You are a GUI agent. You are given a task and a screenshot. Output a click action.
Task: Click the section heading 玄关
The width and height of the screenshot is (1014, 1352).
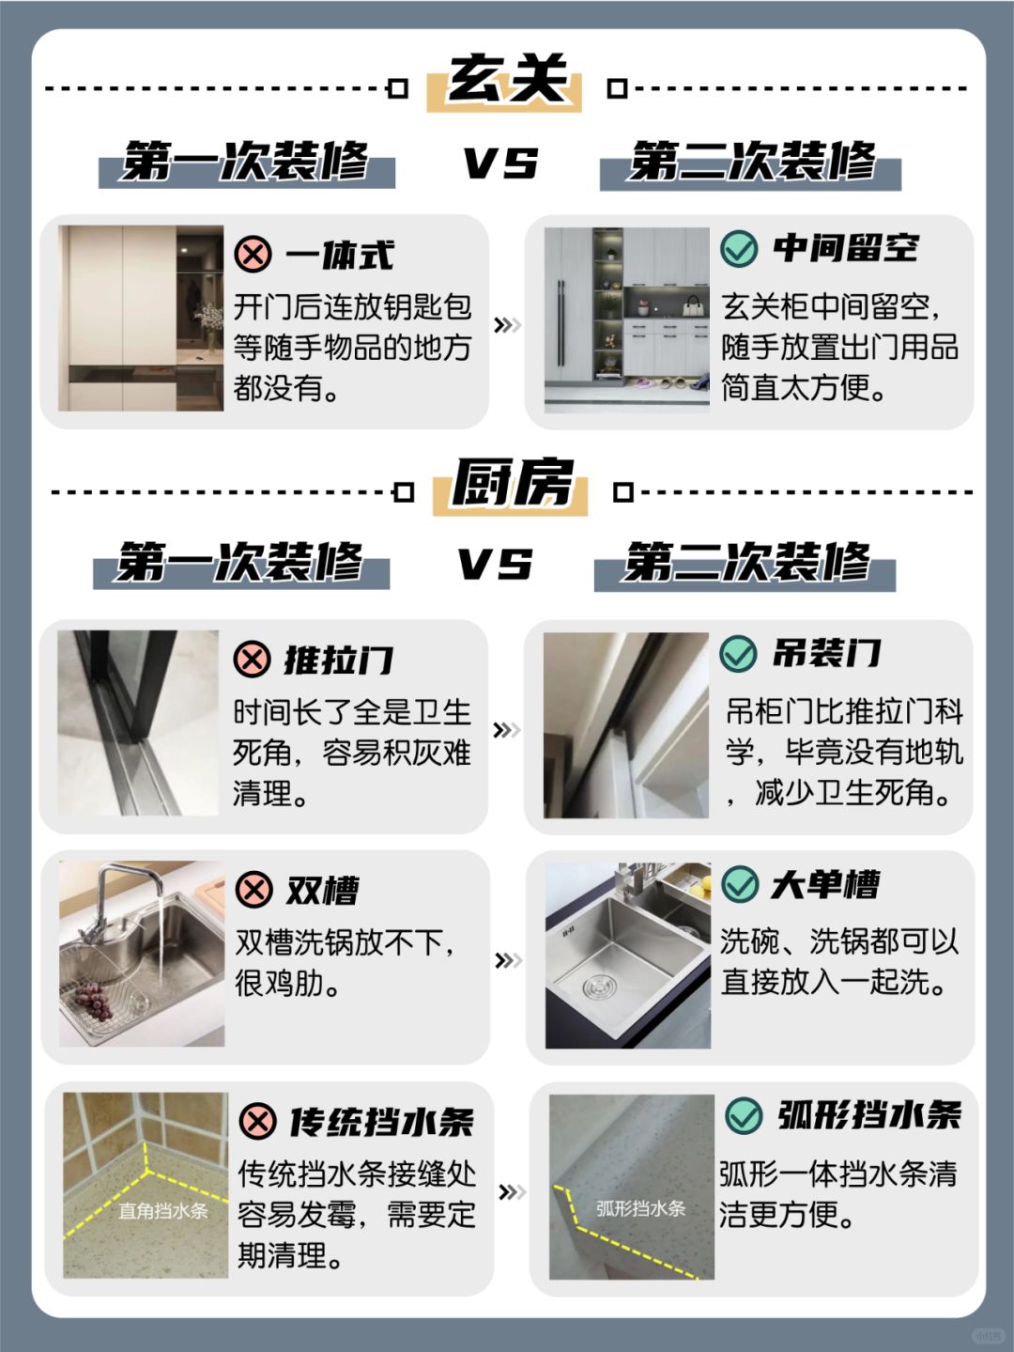point(506,79)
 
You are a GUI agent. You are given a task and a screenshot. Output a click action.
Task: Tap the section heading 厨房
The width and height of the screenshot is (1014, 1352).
point(512,483)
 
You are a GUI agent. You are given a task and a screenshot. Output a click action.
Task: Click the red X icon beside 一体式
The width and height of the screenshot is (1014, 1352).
point(253,254)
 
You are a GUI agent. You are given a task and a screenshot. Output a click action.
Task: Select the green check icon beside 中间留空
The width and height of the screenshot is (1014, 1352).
point(739,248)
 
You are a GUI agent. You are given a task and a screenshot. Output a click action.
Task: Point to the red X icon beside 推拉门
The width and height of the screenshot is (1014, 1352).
point(253,659)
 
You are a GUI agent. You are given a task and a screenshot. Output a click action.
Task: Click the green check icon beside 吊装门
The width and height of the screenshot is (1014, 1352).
point(738,653)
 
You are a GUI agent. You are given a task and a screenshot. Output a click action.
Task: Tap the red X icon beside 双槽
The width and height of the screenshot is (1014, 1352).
point(254,889)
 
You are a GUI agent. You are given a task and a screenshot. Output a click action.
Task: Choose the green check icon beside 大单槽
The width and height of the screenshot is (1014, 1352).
point(740,884)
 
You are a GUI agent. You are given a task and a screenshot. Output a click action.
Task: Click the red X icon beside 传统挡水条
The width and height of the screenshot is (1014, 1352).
point(258,1121)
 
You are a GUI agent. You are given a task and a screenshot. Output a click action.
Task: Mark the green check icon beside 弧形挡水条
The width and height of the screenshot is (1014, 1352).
point(745,1115)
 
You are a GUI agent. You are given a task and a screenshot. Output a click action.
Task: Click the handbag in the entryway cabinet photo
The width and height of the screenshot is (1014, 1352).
point(694,305)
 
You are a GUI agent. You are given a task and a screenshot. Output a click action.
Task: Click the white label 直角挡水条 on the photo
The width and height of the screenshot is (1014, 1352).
point(163,1212)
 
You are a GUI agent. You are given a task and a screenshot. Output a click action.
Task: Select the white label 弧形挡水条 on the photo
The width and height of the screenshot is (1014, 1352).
point(641,1208)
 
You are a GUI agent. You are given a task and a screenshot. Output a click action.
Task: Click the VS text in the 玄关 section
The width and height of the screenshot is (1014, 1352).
point(500,163)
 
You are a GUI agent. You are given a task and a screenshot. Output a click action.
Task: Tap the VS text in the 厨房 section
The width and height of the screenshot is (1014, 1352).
point(496,565)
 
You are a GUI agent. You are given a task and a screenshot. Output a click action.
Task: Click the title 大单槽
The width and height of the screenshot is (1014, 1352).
point(824,885)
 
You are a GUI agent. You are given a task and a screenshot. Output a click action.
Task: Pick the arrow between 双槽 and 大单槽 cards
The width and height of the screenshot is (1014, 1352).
point(508,960)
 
